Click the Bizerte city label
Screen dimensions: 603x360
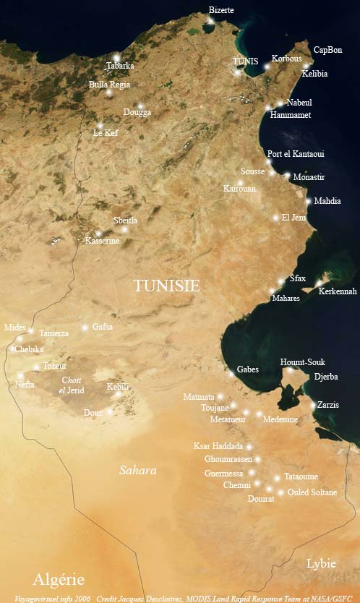click(x=221, y=10)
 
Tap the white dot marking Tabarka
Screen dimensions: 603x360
click(x=116, y=57)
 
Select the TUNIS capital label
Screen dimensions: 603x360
click(x=245, y=61)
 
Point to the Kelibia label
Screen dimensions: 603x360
click(x=314, y=74)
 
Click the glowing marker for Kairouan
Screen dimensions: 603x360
click(x=241, y=182)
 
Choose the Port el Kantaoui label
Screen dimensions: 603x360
click(x=296, y=154)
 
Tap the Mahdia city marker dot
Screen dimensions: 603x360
click(x=309, y=201)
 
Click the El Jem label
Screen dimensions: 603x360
click(x=294, y=217)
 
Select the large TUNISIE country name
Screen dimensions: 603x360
click(x=166, y=286)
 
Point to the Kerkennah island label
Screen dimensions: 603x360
click(x=338, y=291)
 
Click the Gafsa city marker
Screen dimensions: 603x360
click(x=85, y=328)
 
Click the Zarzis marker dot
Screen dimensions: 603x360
click(x=313, y=406)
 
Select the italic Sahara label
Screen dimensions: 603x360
click(x=137, y=470)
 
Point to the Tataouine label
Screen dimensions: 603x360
click(x=301, y=476)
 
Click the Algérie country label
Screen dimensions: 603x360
click(x=58, y=579)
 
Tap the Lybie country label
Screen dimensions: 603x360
click(x=321, y=563)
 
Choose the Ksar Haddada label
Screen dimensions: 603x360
click(x=218, y=446)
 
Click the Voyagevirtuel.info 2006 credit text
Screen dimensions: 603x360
click(x=47, y=598)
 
